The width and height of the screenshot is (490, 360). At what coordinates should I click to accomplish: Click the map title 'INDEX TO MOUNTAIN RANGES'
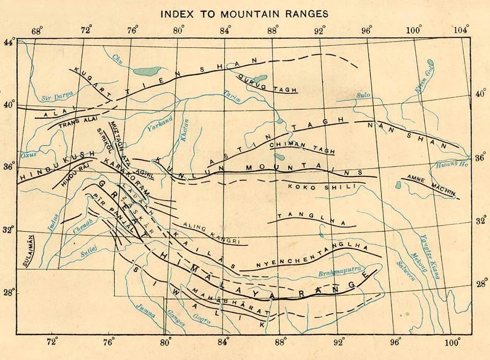(x=244, y=14)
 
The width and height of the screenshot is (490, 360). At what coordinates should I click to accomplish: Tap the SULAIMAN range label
(x=27, y=250)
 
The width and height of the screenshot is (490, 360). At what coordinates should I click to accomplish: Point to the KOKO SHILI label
(x=321, y=187)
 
